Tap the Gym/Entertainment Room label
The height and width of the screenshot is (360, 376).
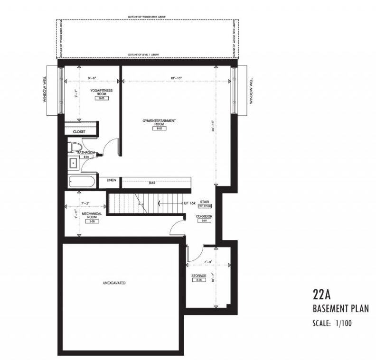point(159,122)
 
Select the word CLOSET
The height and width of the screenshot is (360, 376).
point(79,131)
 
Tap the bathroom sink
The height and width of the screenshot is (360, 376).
point(73,164)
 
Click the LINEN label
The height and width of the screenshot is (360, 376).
point(112,180)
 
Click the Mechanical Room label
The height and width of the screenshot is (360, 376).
point(89,216)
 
